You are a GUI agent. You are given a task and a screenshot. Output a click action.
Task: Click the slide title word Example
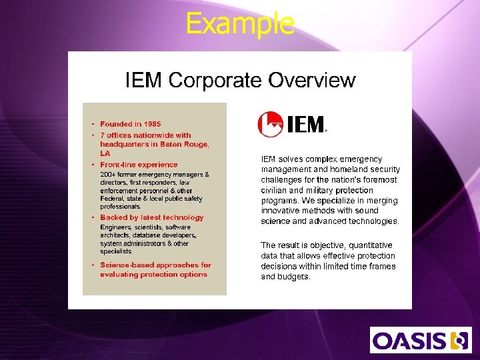(240, 23)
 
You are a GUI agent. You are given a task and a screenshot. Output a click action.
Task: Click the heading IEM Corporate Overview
(241, 81)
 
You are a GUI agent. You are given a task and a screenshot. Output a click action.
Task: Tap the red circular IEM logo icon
(270, 124)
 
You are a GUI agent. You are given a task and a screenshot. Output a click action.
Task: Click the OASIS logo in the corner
(419, 340)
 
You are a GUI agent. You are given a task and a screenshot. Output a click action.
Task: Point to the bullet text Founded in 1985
(130, 124)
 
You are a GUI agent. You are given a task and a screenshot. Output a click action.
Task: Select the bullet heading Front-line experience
(139, 165)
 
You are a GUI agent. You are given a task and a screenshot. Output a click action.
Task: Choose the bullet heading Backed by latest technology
(151, 217)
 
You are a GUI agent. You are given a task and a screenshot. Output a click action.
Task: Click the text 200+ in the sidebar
(108, 175)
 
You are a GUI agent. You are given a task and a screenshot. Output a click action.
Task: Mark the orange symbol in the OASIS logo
(459, 340)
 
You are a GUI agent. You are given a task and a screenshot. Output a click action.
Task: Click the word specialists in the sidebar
(116, 251)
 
